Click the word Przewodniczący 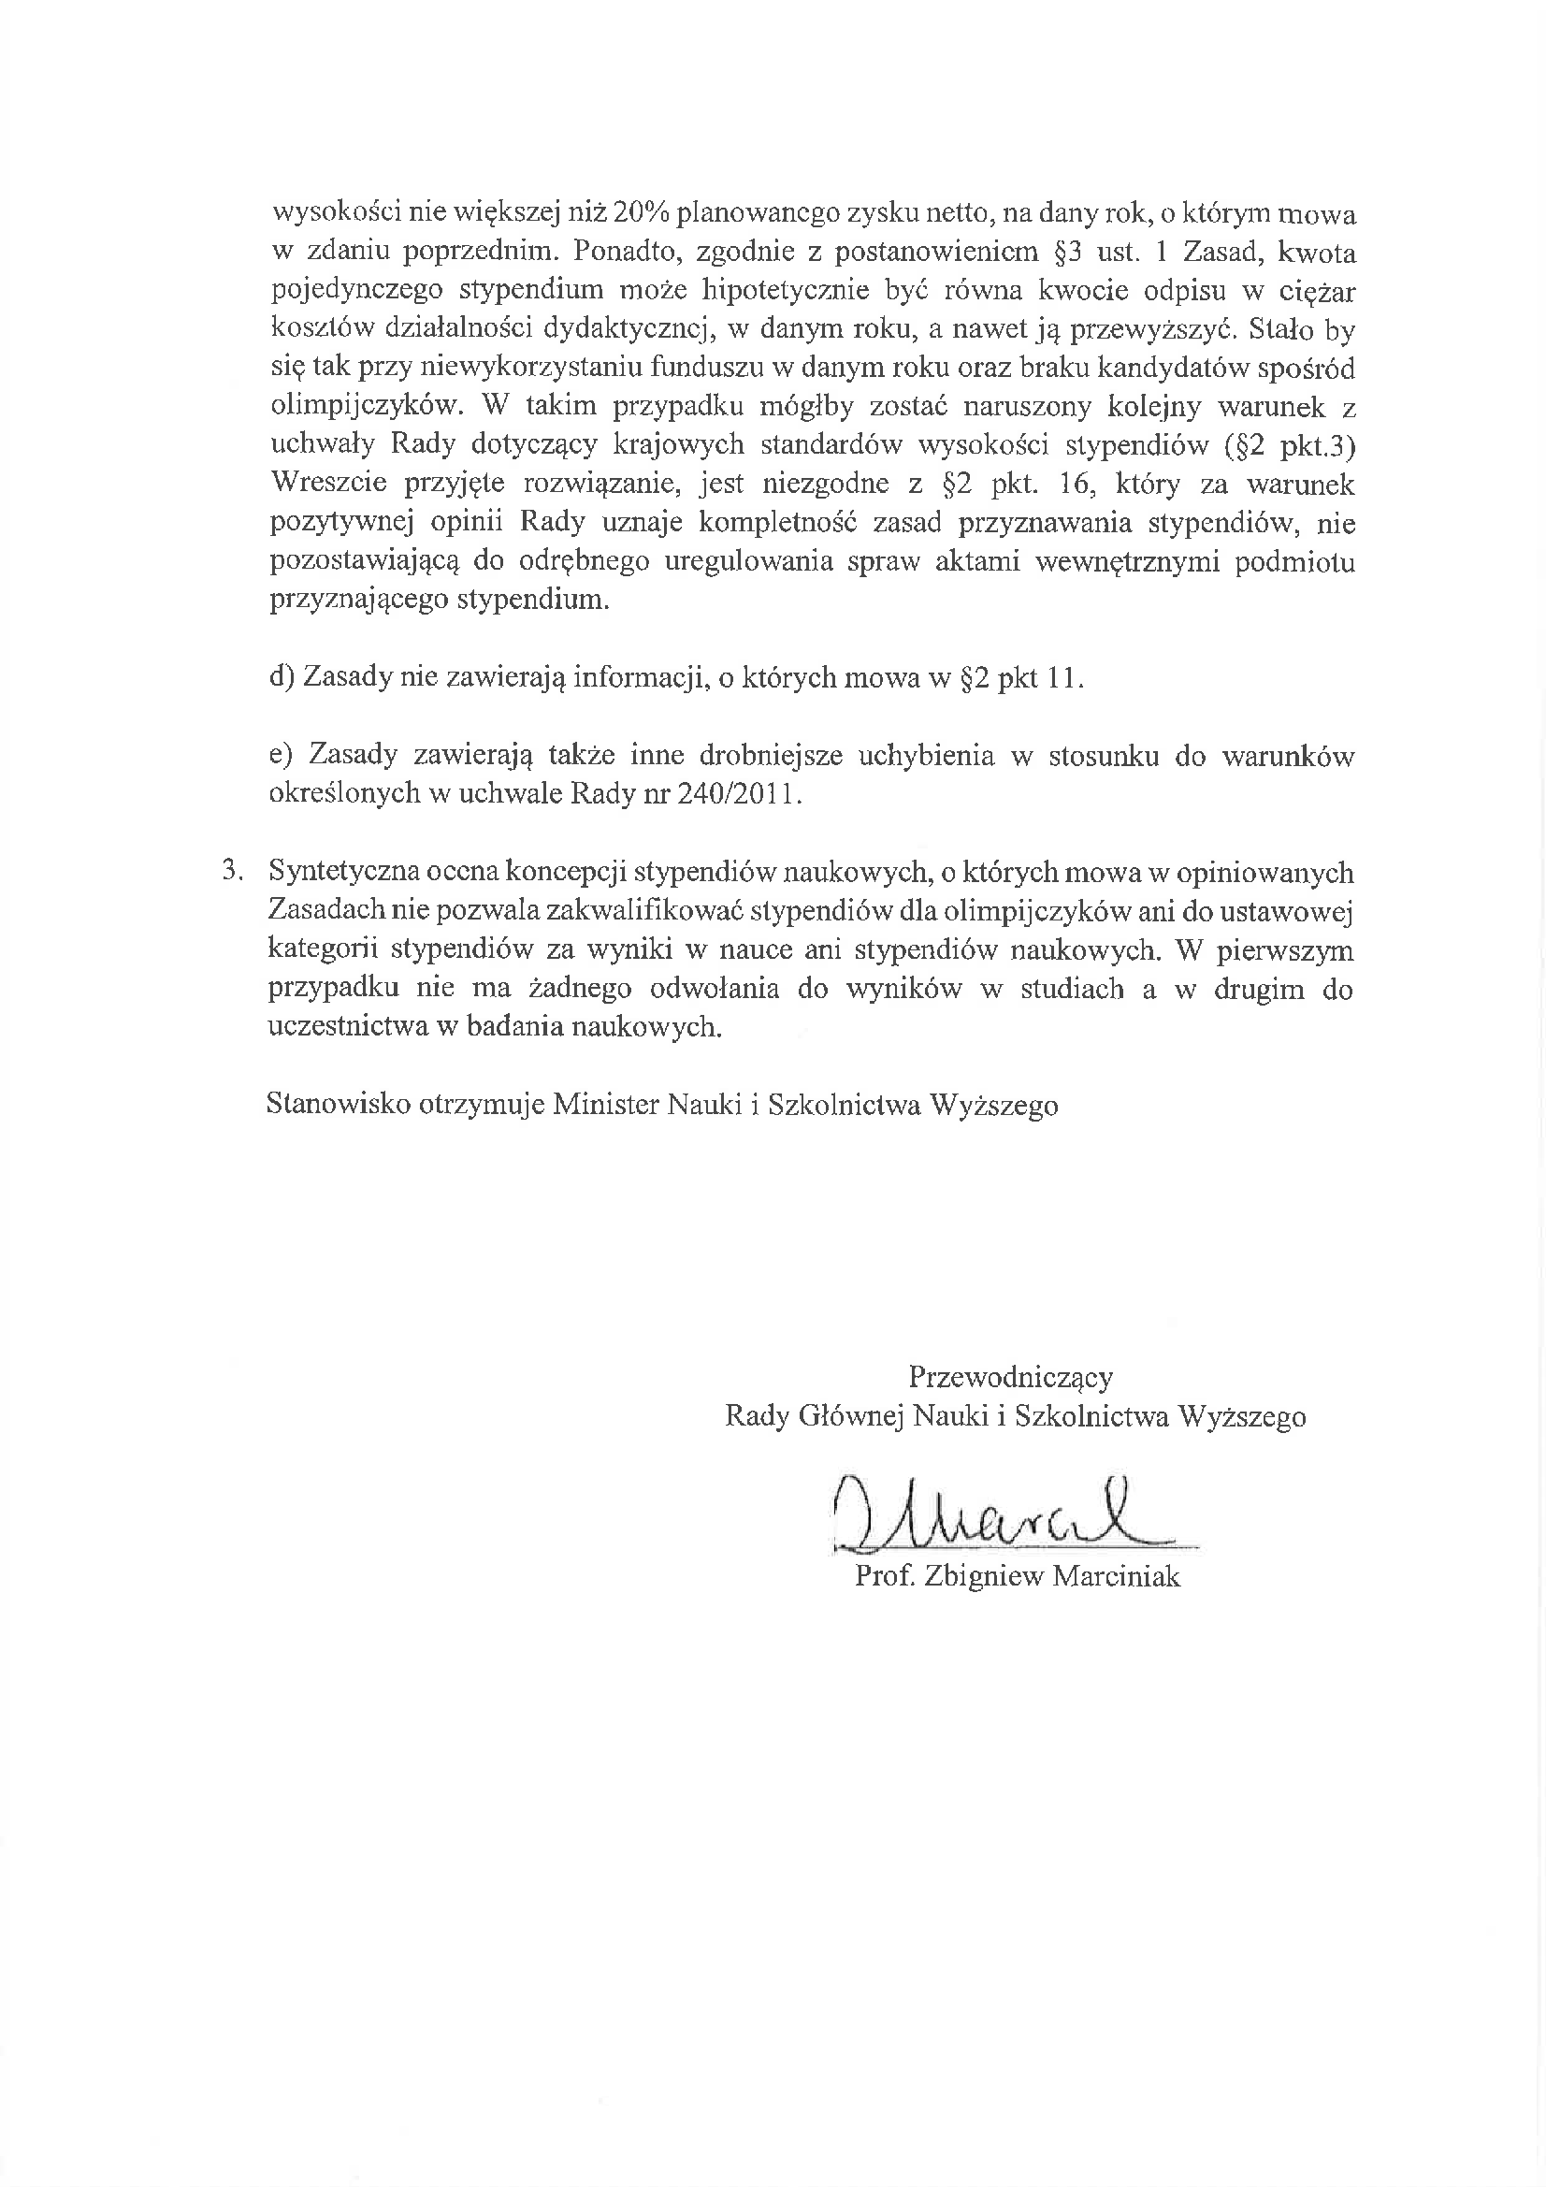1010,1377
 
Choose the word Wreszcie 328,484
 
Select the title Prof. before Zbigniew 884,1577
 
